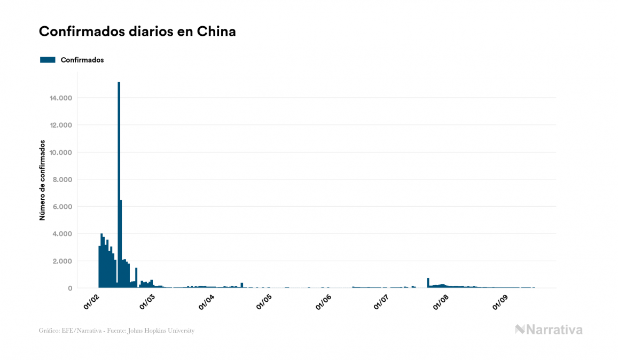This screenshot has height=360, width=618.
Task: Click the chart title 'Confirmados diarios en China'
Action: pyautogui.click(x=137, y=32)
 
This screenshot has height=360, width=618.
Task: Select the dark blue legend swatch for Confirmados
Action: pyautogui.click(x=48, y=60)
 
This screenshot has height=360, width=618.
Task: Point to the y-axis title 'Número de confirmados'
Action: pyautogui.click(x=42, y=181)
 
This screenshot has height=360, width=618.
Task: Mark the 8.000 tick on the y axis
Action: pyautogui.click(x=61, y=180)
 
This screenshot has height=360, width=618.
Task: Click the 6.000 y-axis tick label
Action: pyautogui.click(x=61, y=207)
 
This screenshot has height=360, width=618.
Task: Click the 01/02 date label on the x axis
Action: pyautogui.click(x=91, y=301)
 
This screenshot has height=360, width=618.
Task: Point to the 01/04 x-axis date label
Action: pyautogui.click(x=206, y=301)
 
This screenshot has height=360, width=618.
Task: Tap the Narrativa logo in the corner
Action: pyautogui.click(x=549, y=330)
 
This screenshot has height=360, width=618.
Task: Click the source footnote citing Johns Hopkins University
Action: pyautogui.click(x=116, y=331)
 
